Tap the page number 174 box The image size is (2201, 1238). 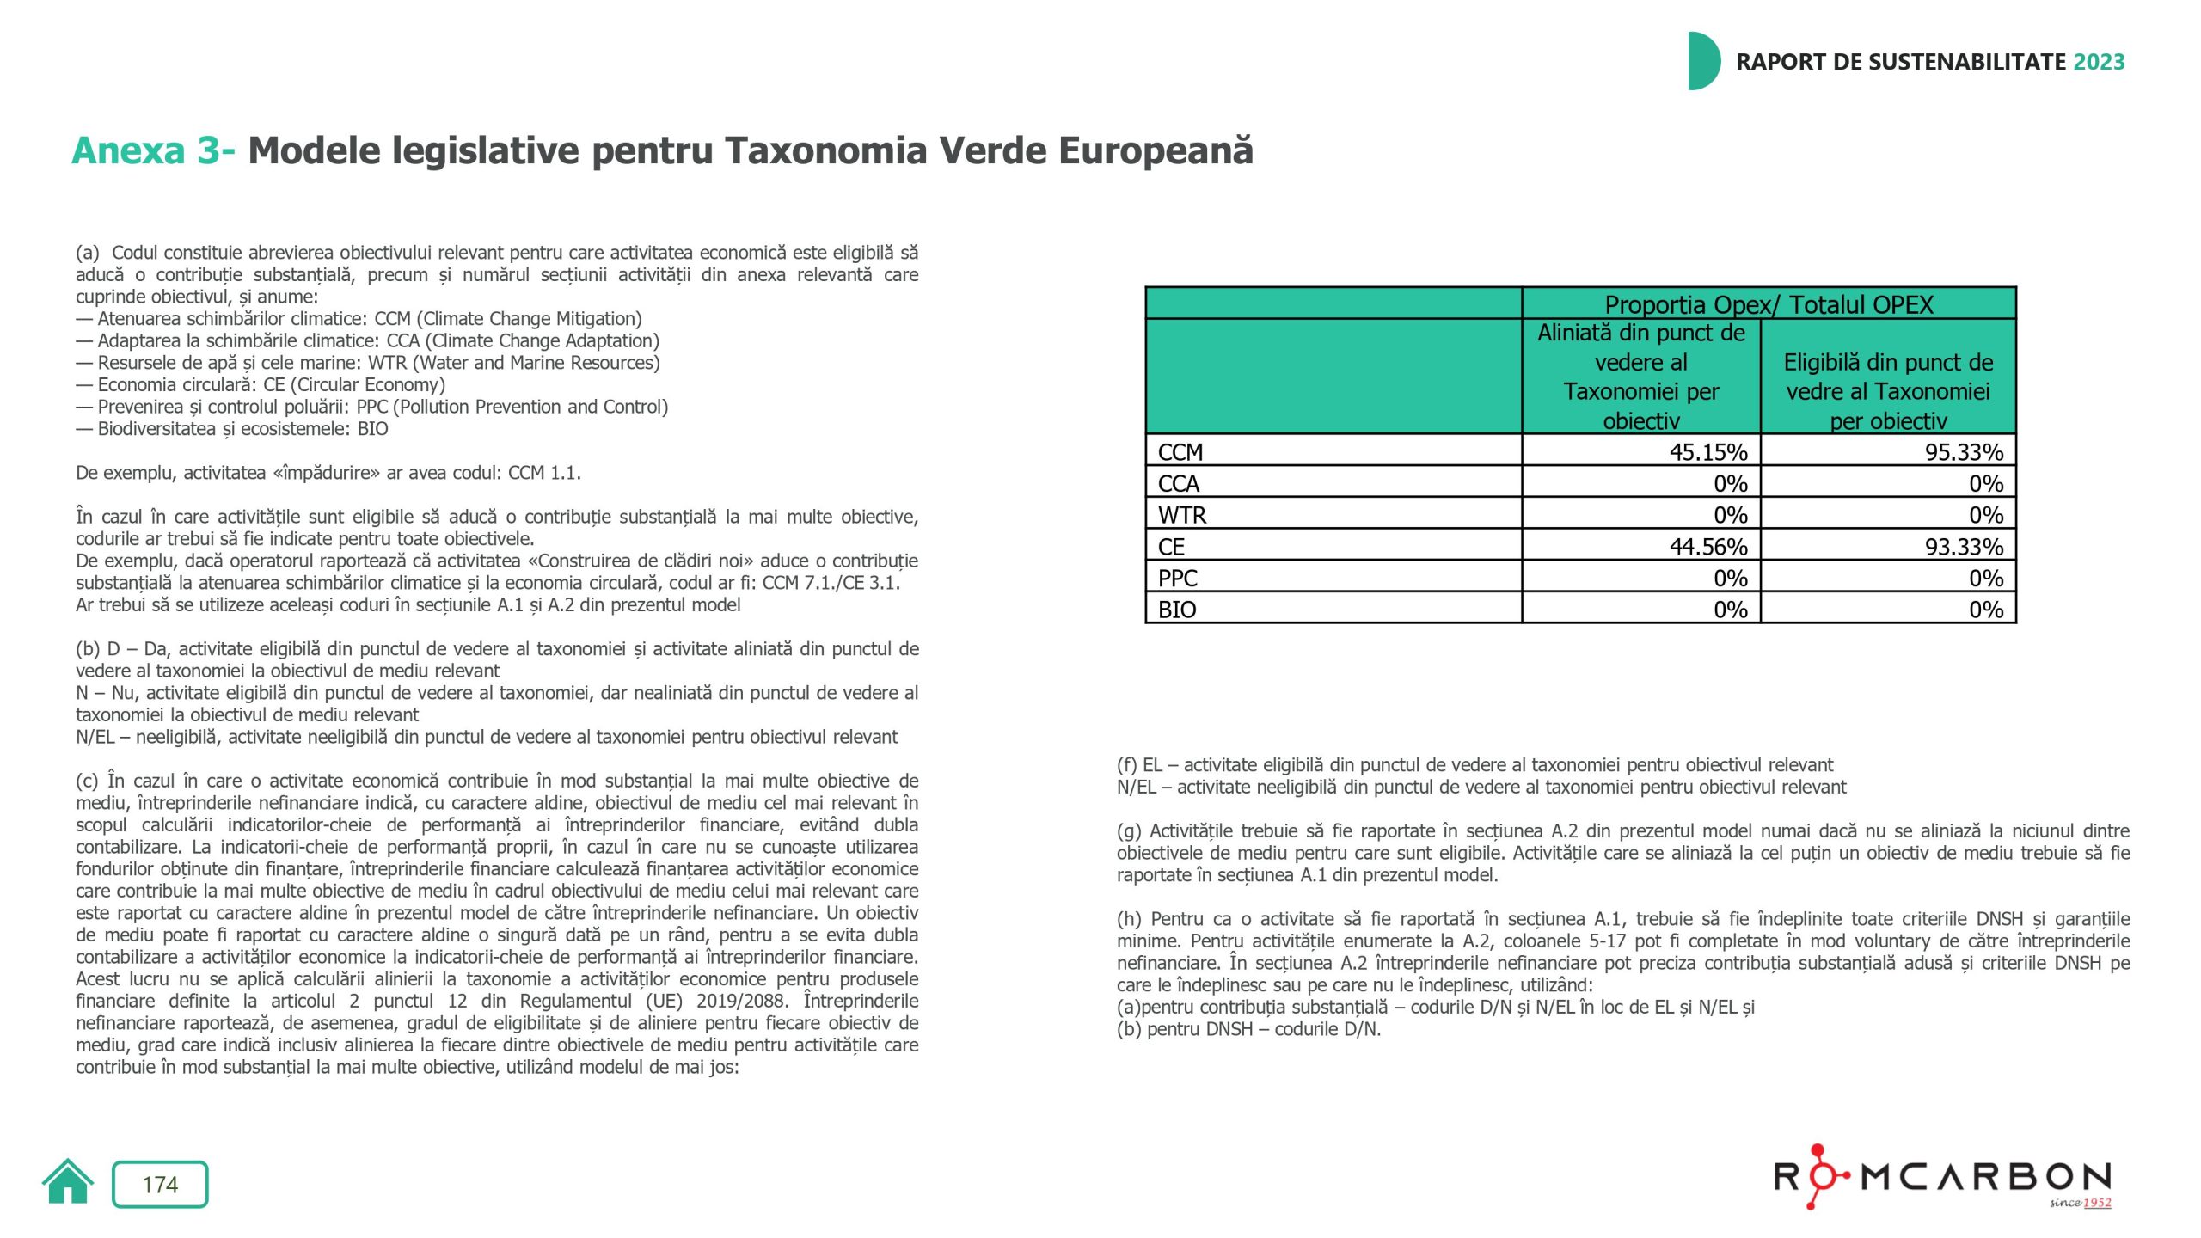[160, 1185]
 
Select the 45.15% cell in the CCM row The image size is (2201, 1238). [1707, 452]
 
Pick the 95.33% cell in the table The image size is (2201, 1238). [1963, 452]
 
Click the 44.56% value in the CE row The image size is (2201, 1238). [1707, 547]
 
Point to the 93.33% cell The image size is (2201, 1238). [1963, 547]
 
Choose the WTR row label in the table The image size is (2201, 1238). [1182, 515]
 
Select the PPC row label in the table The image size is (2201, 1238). [1178, 579]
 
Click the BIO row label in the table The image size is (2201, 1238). [1177, 610]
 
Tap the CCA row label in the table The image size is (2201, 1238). [1179, 484]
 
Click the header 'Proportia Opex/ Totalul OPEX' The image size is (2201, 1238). [1769, 304]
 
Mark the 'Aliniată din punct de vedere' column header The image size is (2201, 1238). [1640, 377]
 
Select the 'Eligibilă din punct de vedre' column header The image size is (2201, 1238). [1888, 391]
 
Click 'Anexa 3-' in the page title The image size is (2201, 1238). [153, 151]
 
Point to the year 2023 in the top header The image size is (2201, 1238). [2099, 62]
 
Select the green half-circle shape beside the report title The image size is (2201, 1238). [1702, 61]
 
